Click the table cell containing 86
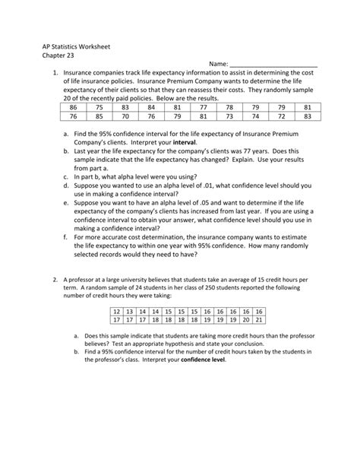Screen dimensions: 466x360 [72, 108]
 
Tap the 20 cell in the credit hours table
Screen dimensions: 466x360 [245, 320]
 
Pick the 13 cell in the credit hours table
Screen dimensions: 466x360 [129, 312]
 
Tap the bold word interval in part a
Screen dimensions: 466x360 [206, 142]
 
